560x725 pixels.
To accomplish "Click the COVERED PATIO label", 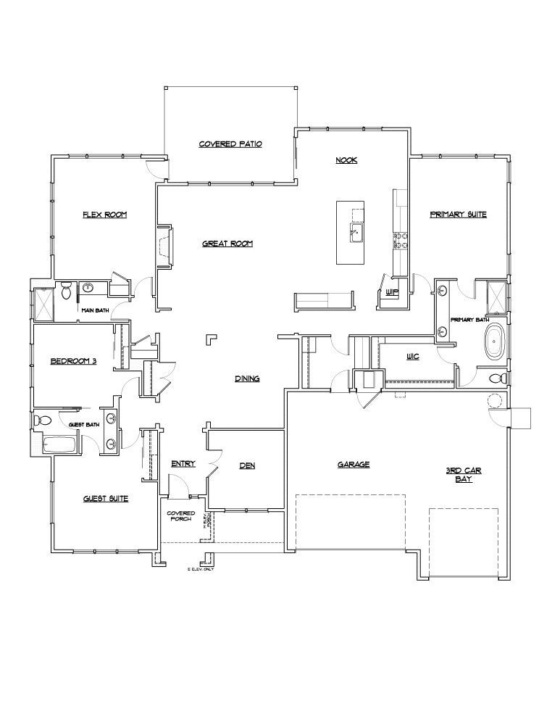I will coord(230,144).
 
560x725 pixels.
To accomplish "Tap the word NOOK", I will coord(346,160).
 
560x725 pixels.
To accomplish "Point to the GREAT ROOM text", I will coord(227,244).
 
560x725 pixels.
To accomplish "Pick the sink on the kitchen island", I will coord(356,233).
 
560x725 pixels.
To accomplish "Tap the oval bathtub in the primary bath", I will coord(495,342).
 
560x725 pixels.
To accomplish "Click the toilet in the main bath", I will coord(67,291).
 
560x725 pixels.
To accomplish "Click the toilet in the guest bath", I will coord(43,420).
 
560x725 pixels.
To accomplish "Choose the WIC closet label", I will coord(413,357).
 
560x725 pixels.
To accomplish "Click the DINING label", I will coord(247,378).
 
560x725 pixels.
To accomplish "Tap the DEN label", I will coord(247,465).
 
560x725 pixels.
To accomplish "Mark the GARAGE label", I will coord(354,465).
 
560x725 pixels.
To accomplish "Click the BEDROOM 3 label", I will coord(73,361).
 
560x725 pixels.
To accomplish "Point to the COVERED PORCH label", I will coord(181,516).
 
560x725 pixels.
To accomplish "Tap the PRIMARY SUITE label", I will coord(458,215).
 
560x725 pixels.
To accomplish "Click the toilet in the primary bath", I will coord(496,378).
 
